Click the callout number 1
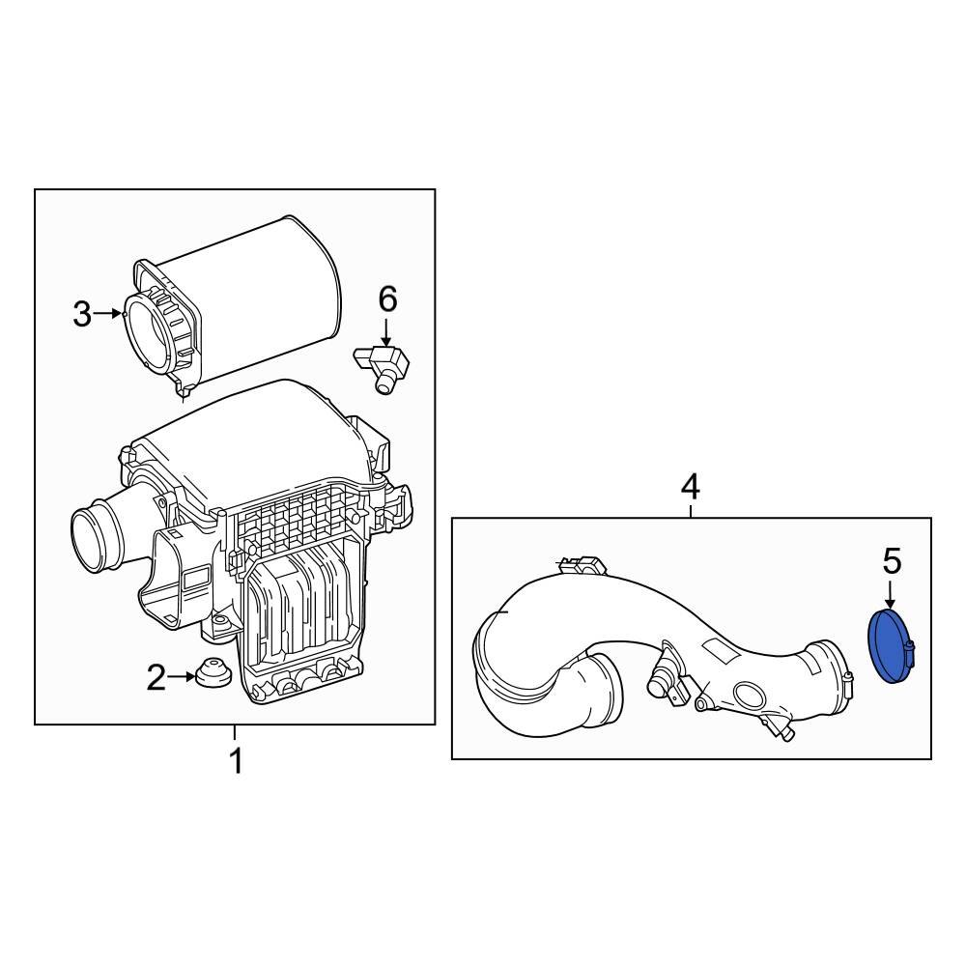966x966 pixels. (235, 761)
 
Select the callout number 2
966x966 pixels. (156, 678)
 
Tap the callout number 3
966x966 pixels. (83, 313)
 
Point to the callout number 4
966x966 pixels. (690, 486)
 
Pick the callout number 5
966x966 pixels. (891, 559)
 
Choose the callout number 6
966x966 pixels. (386, 300)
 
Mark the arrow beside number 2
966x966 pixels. (184, 678)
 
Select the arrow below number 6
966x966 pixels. (386, 333)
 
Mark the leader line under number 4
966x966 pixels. (690, 510)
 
